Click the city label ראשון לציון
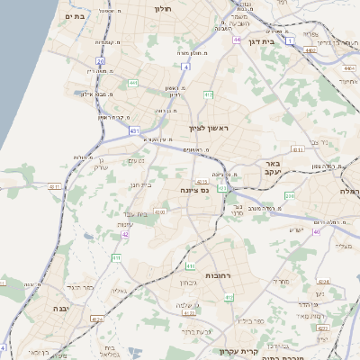point(210,129)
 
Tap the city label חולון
point(163,8)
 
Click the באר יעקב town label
point(274,167)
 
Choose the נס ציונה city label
point(194,189)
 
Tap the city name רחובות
point(220,274)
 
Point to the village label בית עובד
point(131,212)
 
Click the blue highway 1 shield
point(290,40)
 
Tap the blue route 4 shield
point(184,67)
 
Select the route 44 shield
point(237,40)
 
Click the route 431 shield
point(134,130)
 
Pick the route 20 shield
point(101,62)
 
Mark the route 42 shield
point(125,234)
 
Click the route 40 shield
point(316,231)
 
